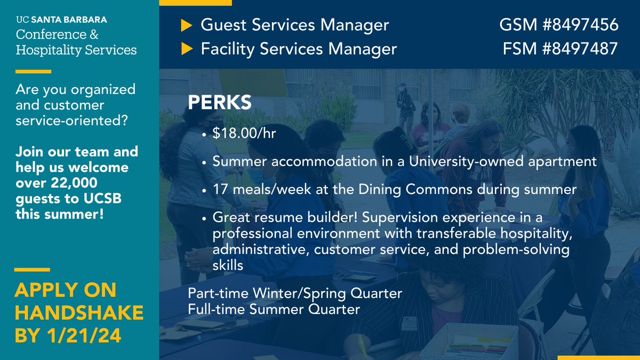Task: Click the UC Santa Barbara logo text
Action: pyautogui.click(x=61, y=20)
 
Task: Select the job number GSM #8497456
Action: pyautogui.click(x=558, y=25)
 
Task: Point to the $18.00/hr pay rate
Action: pyautogui.click(x=244, y=133)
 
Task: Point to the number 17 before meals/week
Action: pyautogui.click(x=220, y=189)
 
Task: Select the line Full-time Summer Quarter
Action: pyautogui.click(x=274, y=308)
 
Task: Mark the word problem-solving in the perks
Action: pyautogui.click(x=516, y=250)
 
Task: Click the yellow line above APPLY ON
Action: pyautogui.click(x=33, y=269)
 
